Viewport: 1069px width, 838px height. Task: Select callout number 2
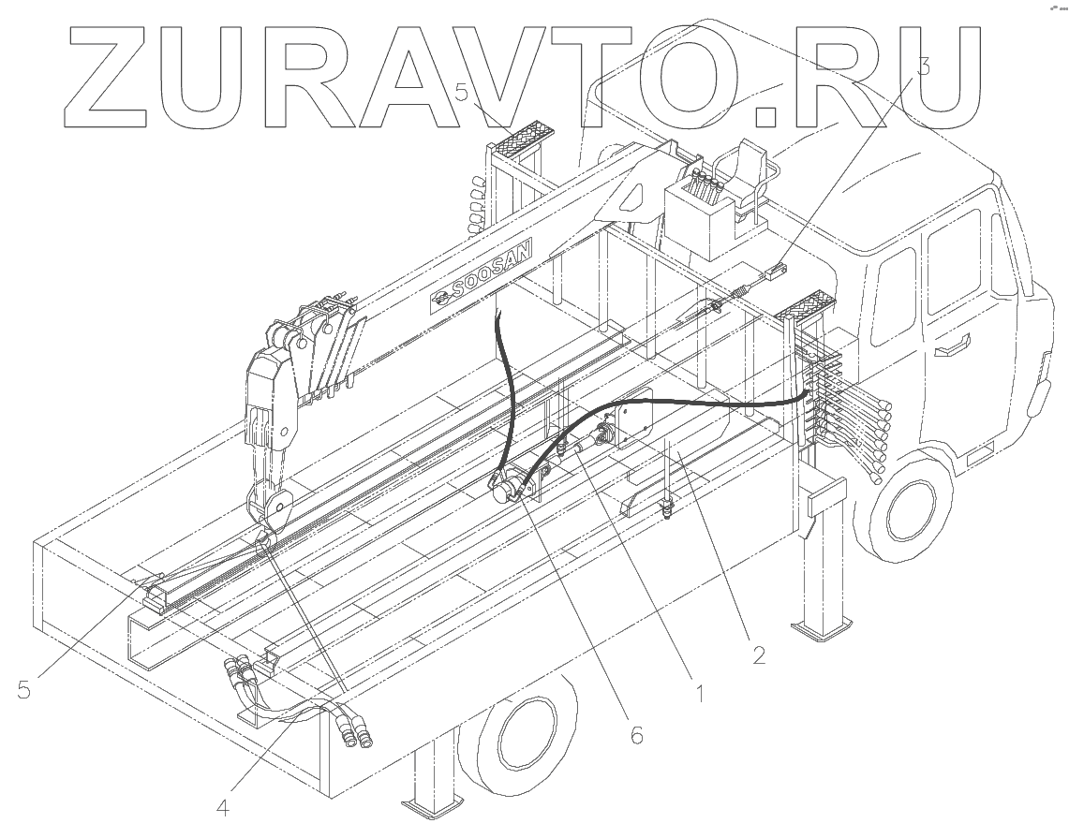[759, 654]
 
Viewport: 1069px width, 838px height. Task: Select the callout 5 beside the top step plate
[462, 93]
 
